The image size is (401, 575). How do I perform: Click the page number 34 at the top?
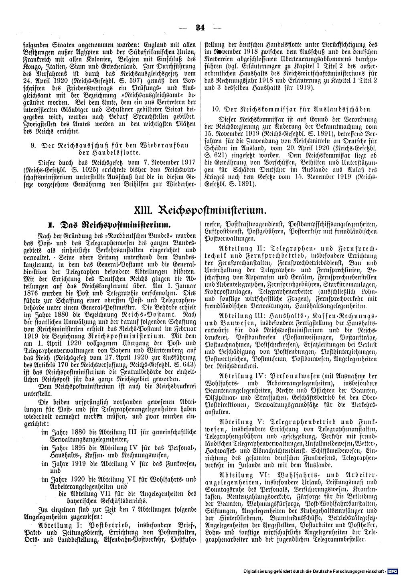200,28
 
